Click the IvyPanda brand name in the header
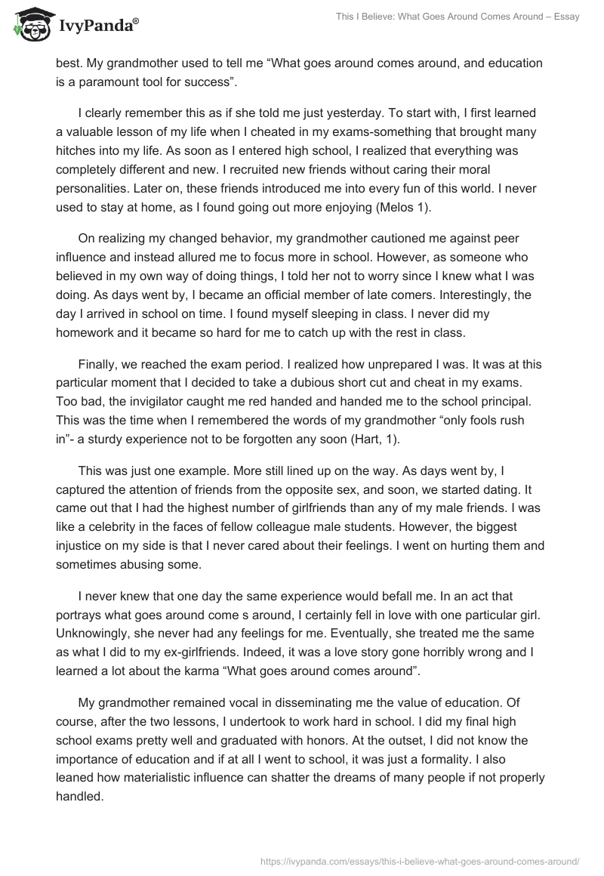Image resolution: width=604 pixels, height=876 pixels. point(98,26)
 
